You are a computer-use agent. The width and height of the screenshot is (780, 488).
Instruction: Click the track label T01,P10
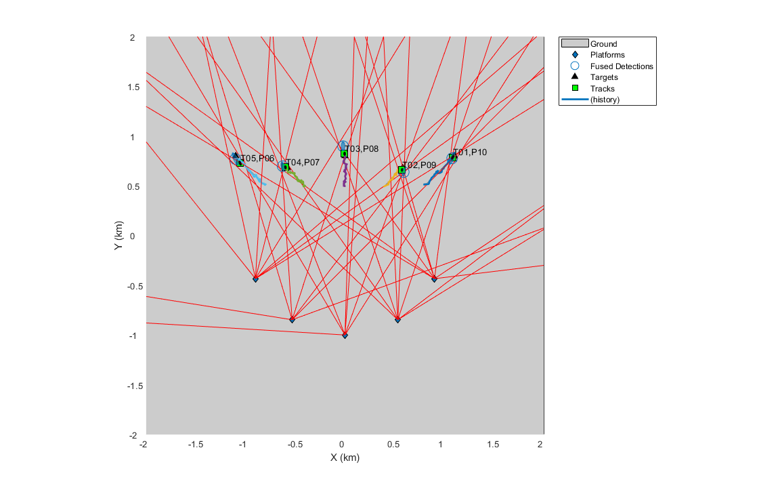[470, 152]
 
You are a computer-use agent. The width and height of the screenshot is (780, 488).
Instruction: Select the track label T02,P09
[418, 165]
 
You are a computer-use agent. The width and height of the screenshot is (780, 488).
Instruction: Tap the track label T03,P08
[362, 148]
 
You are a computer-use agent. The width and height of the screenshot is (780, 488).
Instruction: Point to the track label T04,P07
[302, 163]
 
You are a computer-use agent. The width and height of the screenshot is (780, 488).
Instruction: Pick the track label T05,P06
[257, 159]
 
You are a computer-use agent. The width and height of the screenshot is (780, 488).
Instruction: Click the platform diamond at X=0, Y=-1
[345, 335]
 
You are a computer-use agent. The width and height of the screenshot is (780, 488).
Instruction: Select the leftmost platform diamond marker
[255, 279]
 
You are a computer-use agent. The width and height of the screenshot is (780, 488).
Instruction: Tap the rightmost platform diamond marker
[434, 279]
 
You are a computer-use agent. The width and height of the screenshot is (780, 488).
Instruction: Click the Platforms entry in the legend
[607, 55]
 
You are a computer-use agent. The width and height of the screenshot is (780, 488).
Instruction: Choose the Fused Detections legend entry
[621, 66]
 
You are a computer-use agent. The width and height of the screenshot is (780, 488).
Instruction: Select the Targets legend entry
[604, 77]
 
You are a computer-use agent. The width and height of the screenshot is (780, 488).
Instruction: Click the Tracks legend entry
[602, 89]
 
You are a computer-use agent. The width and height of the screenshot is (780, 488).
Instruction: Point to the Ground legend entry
[603, 44]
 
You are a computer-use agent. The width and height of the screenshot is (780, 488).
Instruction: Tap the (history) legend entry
[605, 100]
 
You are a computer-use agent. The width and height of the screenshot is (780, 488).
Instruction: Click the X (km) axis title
[345, 457]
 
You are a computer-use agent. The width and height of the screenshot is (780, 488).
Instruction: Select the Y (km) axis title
[118, 236]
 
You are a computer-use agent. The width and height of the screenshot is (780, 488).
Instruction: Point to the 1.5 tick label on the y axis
[133, 87]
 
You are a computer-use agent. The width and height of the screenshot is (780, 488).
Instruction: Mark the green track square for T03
[344, 154]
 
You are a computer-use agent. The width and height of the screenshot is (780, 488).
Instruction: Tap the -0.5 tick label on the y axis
[131, 286]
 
